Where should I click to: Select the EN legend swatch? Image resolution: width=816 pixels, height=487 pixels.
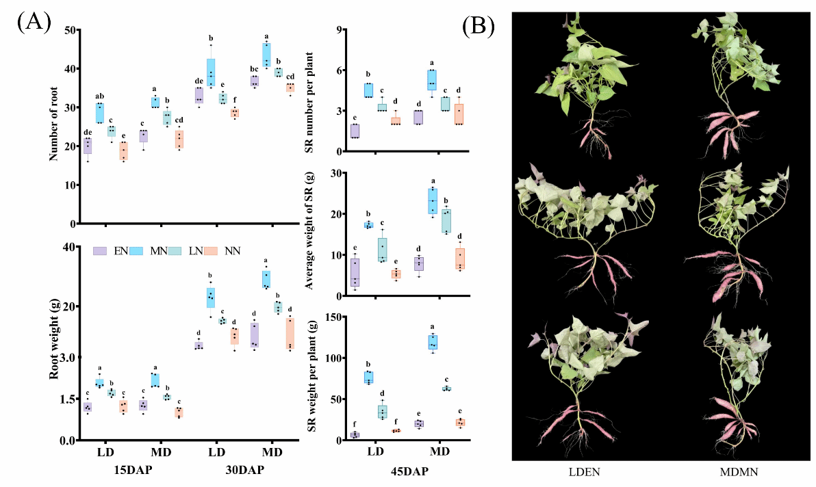tap(99, 251)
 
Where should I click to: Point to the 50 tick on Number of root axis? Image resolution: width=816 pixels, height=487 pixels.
tap(68, 30)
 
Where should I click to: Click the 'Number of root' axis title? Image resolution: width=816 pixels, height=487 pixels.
tap(53, 127)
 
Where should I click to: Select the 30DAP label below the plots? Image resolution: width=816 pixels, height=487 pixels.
tap(245, 471)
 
